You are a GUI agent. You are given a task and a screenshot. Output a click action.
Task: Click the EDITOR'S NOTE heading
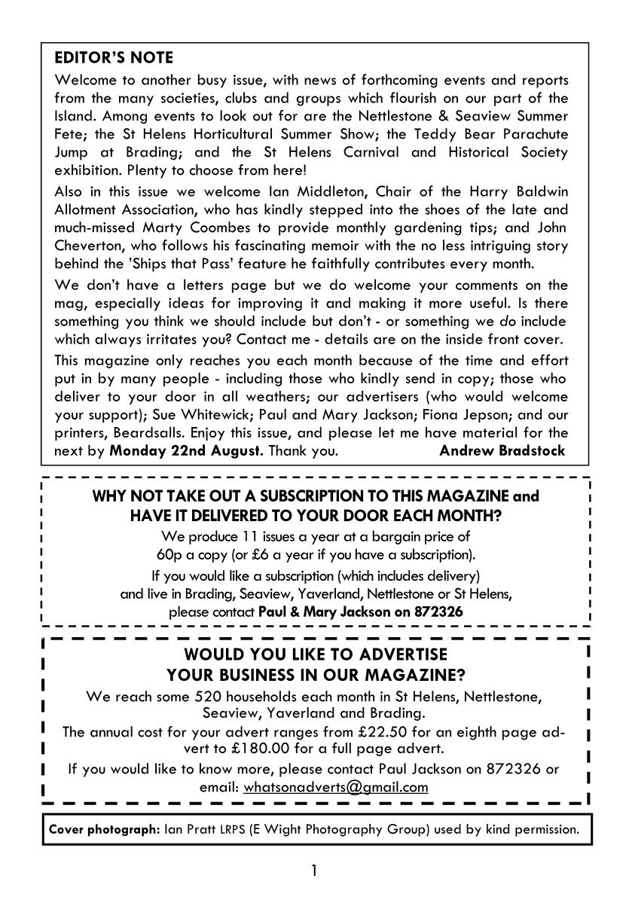click(x=114, y=58)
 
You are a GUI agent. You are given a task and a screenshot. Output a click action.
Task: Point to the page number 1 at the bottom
click(x=314, y=871)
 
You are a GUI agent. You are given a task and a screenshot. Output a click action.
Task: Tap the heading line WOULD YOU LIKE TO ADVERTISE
click(x=316, y=654)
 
